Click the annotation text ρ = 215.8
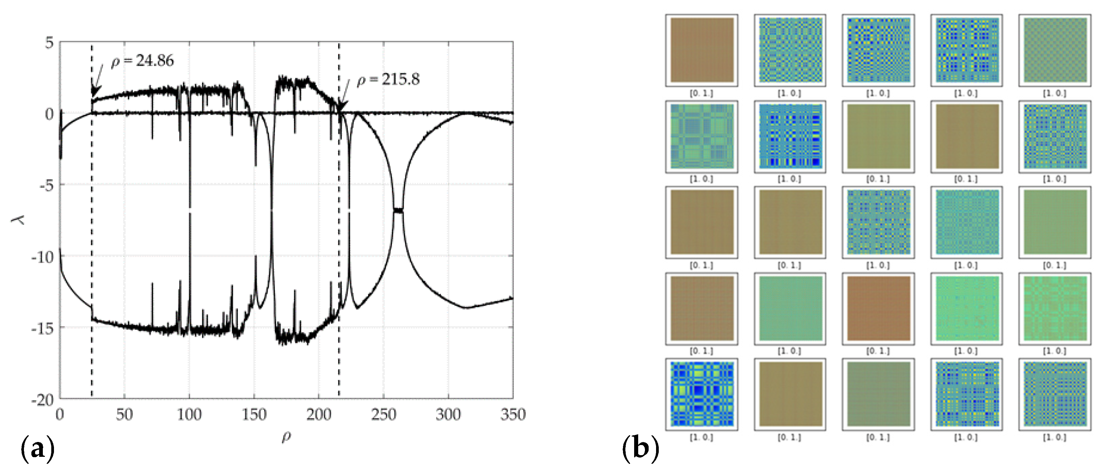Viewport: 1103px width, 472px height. point(388,80)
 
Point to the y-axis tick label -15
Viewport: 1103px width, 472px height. point(43,328)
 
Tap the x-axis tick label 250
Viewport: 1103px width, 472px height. point(383,415)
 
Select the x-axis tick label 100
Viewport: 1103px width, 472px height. point(189,415)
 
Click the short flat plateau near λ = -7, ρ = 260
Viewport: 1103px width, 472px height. point(398,210)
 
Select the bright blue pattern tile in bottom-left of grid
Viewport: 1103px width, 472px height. point(701,394)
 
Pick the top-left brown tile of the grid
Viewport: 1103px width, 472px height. point(701,50)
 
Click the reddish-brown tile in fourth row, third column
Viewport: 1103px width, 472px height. point(878,308)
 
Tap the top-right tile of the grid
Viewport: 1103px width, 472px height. point(1054,50)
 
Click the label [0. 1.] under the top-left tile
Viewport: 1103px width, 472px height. point(701,93)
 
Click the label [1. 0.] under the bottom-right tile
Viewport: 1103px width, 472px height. point(1054,437)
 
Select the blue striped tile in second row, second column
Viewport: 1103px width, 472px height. point(790,136)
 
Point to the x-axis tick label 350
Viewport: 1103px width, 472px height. point(512,415)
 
